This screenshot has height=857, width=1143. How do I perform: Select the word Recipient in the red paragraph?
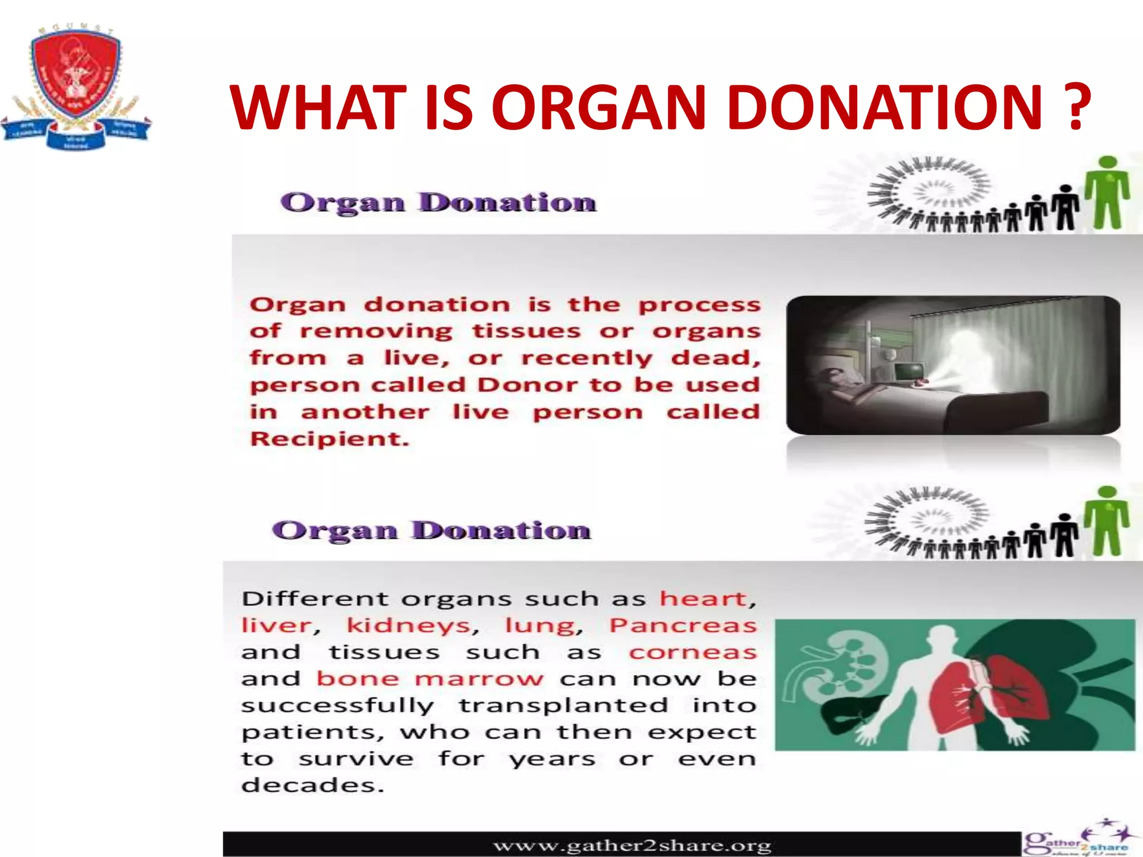pos(329,439)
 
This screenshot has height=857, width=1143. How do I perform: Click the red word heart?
pos(703,599)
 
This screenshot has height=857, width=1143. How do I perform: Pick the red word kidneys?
pos(409,626)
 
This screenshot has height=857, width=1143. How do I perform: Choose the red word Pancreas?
pos(683,626)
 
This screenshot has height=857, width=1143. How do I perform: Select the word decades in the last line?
pos(313,786)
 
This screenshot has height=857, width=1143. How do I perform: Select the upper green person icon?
pos(1107,192)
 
